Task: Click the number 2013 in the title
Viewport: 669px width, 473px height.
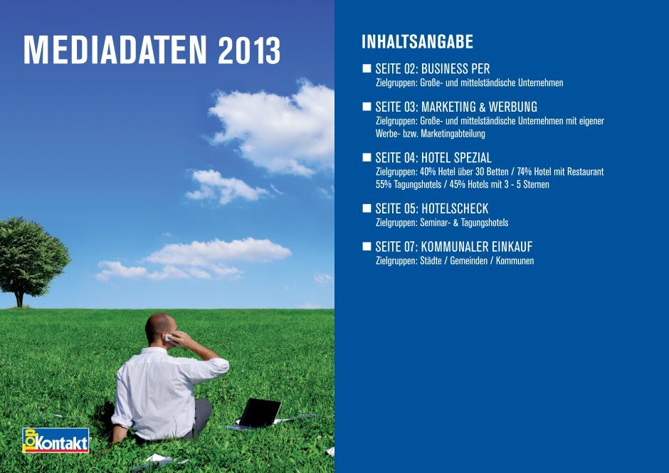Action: [249, 51]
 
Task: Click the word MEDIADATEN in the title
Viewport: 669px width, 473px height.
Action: [115, 51]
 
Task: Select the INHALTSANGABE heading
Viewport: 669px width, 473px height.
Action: [417, 42]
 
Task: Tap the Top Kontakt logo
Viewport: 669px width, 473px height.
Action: [56, 440]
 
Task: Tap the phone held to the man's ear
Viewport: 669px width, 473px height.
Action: [169, 339]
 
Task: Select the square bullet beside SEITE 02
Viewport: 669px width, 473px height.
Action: [367, 68]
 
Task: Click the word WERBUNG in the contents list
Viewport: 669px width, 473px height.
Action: [513, 107]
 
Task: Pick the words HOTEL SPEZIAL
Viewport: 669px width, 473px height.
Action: [456, 158]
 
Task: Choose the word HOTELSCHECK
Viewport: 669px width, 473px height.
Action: [454, 208]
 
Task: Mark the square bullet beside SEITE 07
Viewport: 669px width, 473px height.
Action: [367, 246]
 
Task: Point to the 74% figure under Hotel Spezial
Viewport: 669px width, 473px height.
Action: [524, 172]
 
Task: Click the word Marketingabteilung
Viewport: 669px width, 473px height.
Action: [453, 134]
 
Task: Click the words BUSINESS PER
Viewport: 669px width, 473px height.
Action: [455, 69]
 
